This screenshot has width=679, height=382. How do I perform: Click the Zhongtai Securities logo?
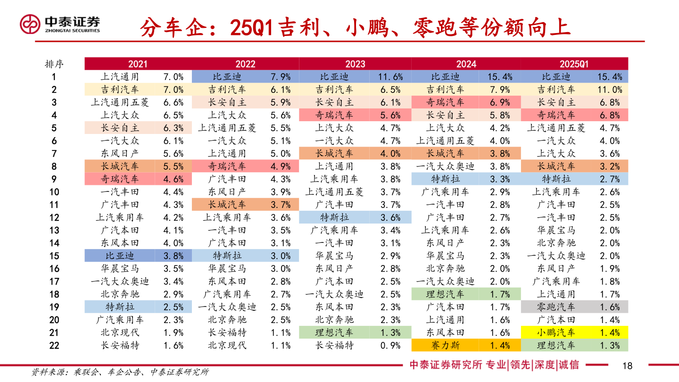coord(59,24)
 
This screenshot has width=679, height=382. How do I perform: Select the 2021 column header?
coord(138,64)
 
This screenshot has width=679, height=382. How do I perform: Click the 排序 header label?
coord(54,64)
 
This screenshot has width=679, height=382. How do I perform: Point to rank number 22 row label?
coord(54,345)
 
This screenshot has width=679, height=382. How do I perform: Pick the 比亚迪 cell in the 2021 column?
coord(120,256)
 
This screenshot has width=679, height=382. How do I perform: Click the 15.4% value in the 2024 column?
coord(500,77)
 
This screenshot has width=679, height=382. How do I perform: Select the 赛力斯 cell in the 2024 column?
coord(445,345)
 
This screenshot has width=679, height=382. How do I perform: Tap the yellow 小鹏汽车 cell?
coord(556,332)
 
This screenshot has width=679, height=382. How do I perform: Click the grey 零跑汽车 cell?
coord(556,307)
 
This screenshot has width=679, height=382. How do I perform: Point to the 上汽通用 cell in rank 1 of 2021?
coord(120,77)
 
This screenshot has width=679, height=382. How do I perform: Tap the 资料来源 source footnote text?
coord(120,372)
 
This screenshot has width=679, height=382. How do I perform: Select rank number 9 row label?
coord(54,179)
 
